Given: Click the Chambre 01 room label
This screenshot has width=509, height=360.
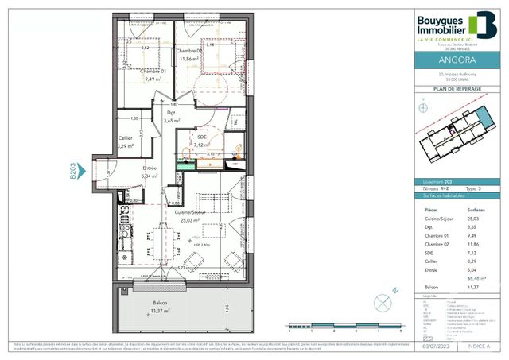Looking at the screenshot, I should [150, 70].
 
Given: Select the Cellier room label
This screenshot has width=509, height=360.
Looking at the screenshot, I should [126, 138].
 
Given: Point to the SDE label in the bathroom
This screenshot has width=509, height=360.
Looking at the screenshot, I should [202, 137].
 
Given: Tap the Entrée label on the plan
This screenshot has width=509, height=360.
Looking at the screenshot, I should [150, 168].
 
